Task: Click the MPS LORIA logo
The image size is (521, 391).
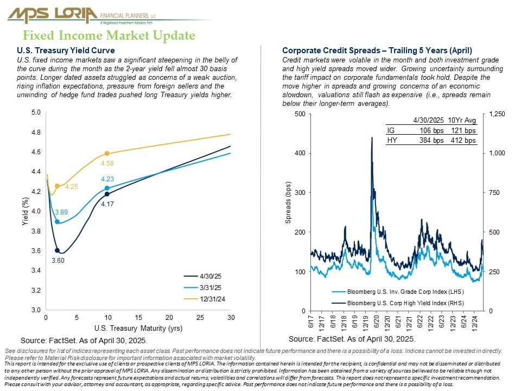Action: click(x=81, y=15)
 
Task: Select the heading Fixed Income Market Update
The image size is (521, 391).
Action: click(x=109, y=36)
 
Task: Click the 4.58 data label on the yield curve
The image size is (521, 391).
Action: click(x=107, y=163)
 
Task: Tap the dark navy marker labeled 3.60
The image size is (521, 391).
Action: click(x=57, y=250)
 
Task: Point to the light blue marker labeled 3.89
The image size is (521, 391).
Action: click(x=57, y=222)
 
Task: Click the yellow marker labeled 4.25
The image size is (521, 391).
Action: click(x=57, y=186)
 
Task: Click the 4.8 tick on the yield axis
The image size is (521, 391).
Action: click(x=36, y=133)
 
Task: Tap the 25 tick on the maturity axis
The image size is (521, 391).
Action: click(x=200, y=318)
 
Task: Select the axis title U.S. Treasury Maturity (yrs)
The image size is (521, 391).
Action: click(x=138, y=328)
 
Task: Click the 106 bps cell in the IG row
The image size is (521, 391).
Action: click(x=431, y=131)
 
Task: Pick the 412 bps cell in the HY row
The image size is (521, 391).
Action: click(x=463, y=140)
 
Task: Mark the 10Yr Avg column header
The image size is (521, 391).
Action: click(x=462, y=120)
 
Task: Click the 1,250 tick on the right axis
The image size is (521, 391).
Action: click(x=497, y=114)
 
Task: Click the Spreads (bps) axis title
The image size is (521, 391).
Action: click(x=288, y=203)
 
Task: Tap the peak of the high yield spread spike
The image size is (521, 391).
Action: click(x=372, y=137)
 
